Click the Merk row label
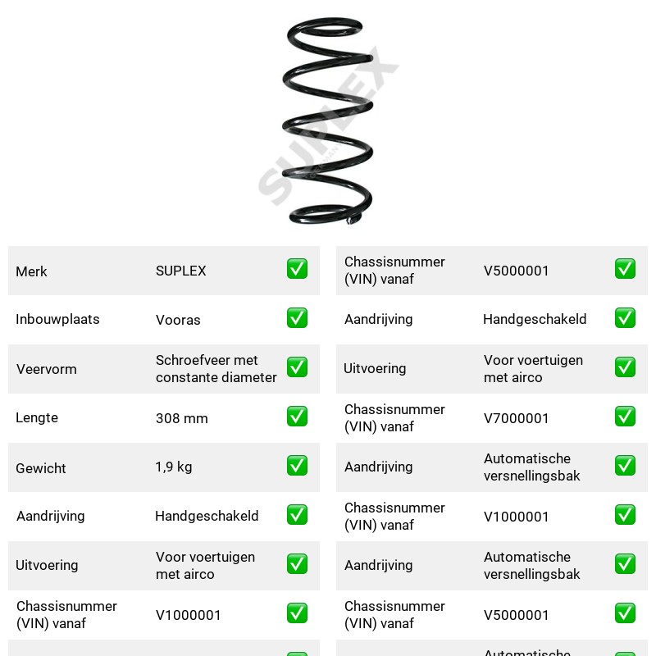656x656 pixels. point(31,271)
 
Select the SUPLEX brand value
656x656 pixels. point(180,271)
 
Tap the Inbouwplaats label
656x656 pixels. point(57,319)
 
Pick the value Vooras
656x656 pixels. point(178,320)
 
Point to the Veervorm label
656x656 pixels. point(47,369)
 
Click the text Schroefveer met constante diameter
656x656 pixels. point(216,368)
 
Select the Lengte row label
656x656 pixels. point(37,417)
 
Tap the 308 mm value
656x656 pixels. point(181,418)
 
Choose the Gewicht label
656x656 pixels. point(41,468)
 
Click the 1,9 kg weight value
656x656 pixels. point(174,467)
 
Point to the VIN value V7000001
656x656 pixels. point(516,418)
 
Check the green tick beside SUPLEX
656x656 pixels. point(297,269)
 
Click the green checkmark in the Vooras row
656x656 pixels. point(297,318)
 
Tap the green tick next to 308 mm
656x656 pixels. point(297,417)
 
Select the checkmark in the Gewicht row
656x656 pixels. point(297,466)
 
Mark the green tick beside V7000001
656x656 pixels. point(625,417)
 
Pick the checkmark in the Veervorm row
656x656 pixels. point(297,367)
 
